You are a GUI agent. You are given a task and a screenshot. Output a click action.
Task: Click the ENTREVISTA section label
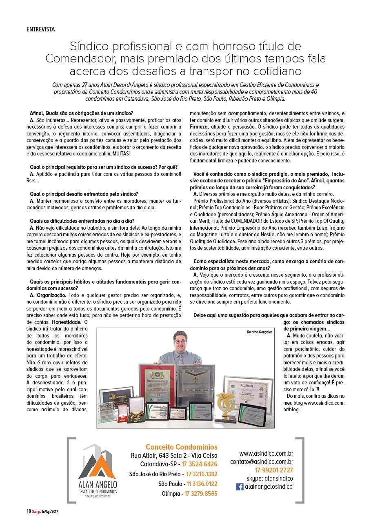coord(40,29)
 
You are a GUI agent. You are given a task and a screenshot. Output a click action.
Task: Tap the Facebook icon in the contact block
coord(240,487)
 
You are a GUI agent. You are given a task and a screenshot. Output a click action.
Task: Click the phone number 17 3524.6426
coord(200,464)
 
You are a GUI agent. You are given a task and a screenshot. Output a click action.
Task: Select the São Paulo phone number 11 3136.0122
coord(202,484)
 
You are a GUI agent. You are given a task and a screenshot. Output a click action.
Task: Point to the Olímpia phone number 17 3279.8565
coord(201,494)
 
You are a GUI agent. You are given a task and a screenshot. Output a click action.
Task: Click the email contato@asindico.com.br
coord(262,462)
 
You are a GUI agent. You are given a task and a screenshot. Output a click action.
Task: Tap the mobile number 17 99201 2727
coord(274,470)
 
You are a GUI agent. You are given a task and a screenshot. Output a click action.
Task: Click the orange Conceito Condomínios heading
coord(182,447)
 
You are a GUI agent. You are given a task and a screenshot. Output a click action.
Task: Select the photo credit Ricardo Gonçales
coord(259,332)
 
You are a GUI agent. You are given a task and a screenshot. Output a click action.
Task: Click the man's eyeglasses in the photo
coord(180,342)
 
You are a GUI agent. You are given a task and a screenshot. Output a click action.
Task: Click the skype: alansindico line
coord(269,478)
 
